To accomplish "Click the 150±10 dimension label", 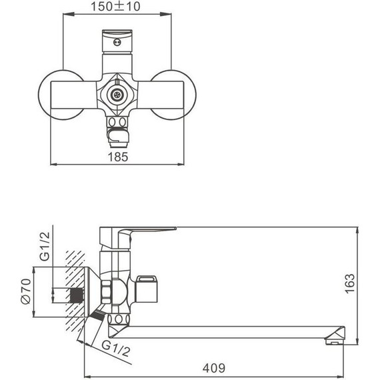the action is coord(115,6).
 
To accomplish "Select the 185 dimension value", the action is coord(118,157).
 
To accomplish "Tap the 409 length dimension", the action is coord(214,369).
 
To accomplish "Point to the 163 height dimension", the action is coord(350,283).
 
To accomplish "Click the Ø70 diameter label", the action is coord(26,291).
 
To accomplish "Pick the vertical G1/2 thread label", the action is coord(45,246).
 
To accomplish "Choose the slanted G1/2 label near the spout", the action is coord(116,348).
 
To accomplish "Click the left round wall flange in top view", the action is coord(61,95).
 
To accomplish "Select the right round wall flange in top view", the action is coord(173,95).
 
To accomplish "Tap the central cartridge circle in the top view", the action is coord(117,95).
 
